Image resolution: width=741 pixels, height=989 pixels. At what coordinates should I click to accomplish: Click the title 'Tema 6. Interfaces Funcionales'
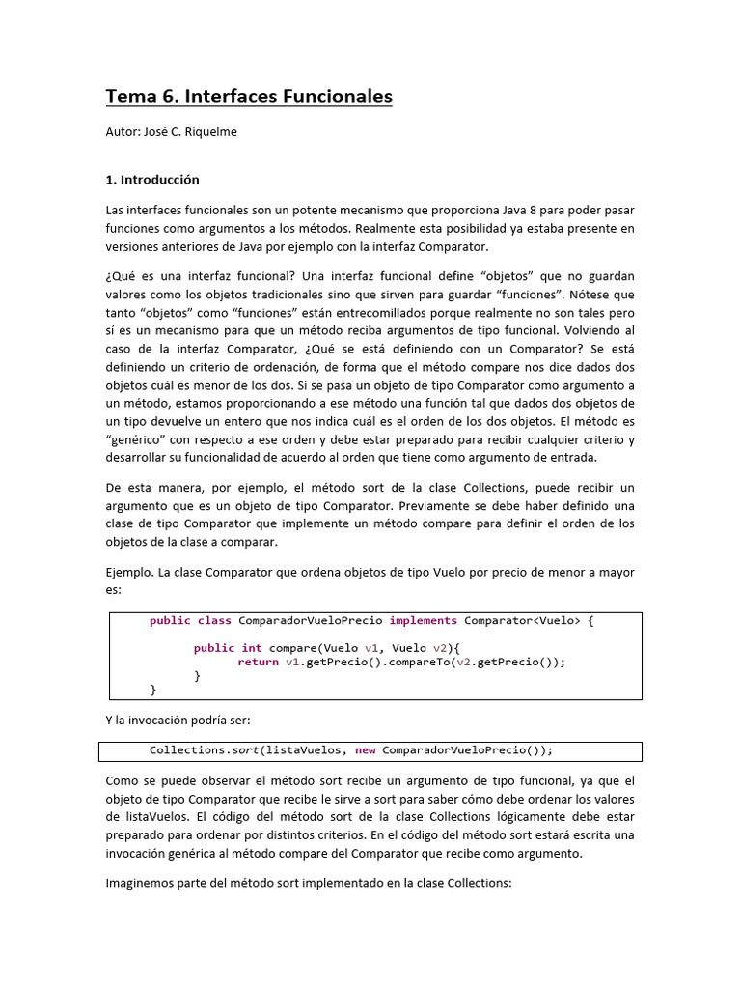tap(248, 97)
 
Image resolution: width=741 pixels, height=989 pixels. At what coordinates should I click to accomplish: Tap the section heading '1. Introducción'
tap(152, 179)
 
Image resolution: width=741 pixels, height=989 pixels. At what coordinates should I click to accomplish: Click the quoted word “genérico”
tap(134, 439)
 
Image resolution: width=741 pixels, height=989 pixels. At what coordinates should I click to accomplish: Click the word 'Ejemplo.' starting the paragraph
tap(129, 572)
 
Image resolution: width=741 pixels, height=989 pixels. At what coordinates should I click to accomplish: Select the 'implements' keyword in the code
tap(423, 621)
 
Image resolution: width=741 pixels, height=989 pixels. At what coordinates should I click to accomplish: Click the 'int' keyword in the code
tap(251, 648)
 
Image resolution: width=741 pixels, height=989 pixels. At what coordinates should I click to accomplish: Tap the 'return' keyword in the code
tap(258, 662)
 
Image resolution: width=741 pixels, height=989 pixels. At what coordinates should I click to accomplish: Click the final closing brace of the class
tap(152, 690)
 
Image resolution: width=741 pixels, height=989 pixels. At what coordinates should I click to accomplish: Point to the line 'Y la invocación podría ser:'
tap(178, 720)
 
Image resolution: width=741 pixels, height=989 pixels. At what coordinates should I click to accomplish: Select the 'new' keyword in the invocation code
tap(365, 750)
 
